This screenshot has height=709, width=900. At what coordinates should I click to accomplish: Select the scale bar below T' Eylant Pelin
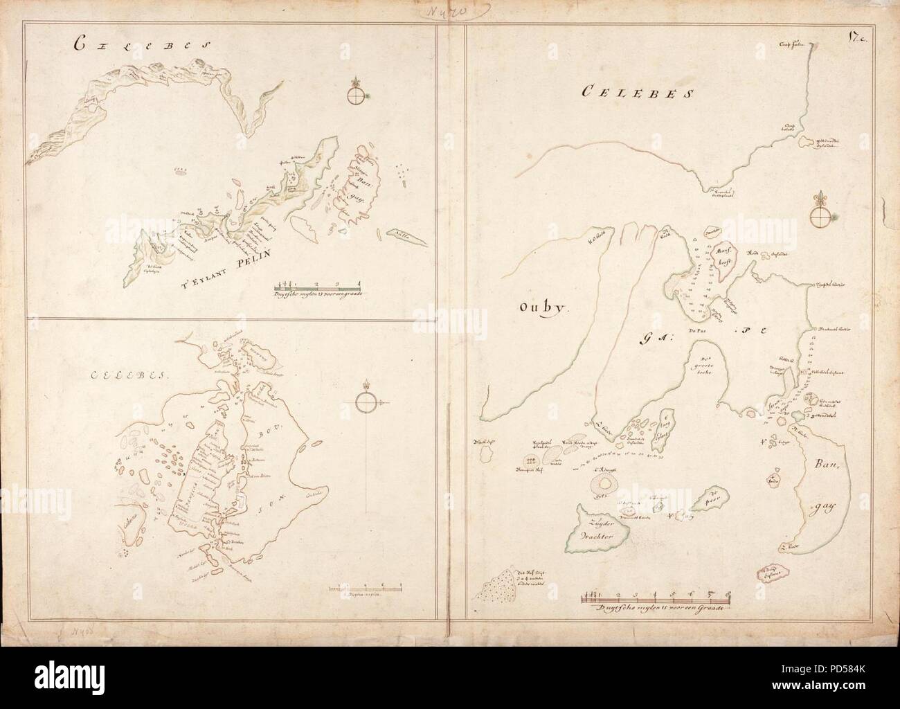point(318,284)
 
